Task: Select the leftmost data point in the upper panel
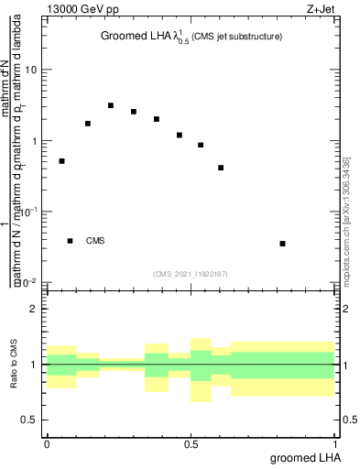61,161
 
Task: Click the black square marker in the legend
71,241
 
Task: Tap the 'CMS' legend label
95,241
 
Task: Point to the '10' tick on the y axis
31,71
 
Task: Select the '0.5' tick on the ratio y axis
29,420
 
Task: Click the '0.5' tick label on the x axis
191,443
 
